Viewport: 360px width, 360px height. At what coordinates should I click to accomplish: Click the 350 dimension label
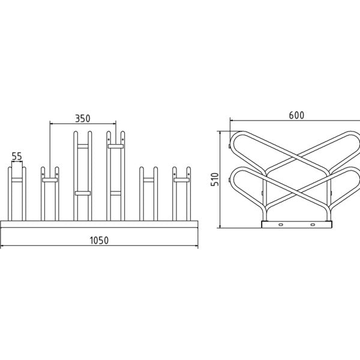83,118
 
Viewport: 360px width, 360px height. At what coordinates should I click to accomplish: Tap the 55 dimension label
17,157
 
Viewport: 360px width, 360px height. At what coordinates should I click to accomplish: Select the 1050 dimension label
99,241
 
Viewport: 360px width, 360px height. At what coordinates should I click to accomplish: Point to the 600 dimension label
296,115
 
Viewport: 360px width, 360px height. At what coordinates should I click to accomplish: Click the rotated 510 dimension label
215,179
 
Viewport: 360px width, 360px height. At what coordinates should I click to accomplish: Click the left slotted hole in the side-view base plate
281,224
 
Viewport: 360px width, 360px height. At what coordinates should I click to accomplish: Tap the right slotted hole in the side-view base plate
313,224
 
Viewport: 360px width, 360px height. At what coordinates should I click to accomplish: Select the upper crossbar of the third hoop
83,146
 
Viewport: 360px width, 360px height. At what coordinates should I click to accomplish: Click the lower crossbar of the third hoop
83,193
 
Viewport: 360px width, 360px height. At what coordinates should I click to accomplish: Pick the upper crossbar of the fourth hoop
116,146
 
